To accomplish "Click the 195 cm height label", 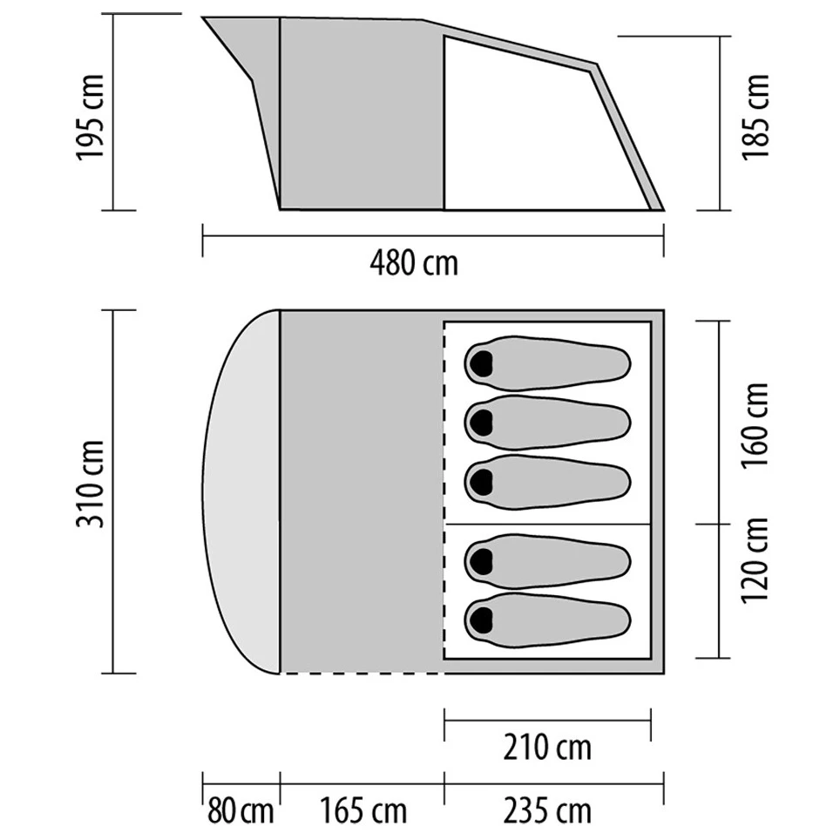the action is (x=90, y=118).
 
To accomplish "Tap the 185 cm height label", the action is (x=755, y=117).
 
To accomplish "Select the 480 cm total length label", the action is (x=414, y=263).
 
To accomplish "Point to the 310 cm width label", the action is (x=90, y=484).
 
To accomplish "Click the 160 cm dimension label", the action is (x=755, y=425).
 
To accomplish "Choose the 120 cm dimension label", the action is (x=755, y=560).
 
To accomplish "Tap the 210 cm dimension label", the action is (x=547, y=748).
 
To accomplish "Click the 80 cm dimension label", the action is (x=240, y=811).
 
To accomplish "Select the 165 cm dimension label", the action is (x=363, y=811).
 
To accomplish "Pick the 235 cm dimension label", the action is (x=547, y=811).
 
